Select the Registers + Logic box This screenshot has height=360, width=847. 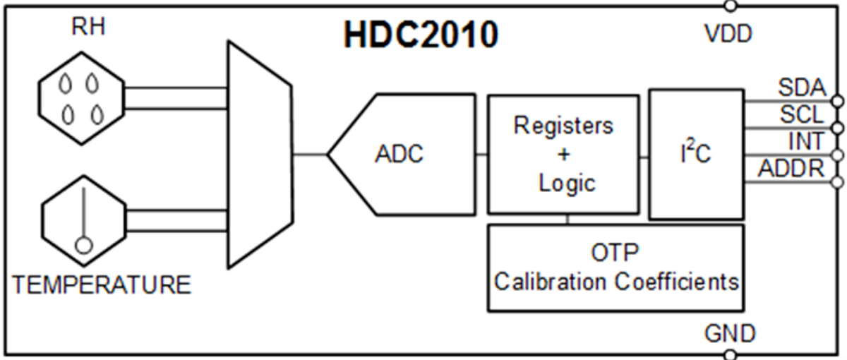tap(563, 154)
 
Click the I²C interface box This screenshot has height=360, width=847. tap(696, 154)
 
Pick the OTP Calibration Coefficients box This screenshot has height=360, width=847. tap(615, 268)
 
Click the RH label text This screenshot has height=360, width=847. tap(88, 29)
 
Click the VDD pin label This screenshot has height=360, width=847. tap(728, 33)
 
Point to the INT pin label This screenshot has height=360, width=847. tap(805, 141)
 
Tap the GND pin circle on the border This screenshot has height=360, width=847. tap(731, 354)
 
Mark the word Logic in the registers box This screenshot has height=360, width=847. tap(566, 183)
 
